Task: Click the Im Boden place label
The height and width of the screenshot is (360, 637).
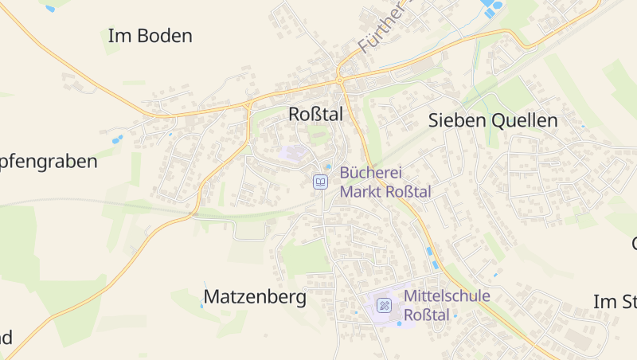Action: [150, 36]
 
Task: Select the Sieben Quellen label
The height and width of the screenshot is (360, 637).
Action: [493, 121]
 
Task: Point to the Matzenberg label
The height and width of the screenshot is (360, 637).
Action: [255, 298]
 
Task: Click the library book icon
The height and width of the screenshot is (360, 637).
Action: [320, 182]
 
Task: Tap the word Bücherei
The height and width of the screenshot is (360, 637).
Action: [371, 173]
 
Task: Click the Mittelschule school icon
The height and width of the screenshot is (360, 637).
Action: [385, 304]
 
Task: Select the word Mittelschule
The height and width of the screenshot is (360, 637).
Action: [447, 296]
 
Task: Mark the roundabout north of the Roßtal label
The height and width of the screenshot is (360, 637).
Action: [339, 80]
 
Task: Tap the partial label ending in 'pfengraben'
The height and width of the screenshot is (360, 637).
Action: [48, 162]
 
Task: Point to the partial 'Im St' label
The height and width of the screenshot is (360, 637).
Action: [616, 301]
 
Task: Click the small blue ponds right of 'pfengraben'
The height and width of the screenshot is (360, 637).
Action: [117, 139]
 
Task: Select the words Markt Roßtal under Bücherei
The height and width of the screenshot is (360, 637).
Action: [385, 192]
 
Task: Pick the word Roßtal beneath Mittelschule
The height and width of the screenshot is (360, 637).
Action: [428, 315]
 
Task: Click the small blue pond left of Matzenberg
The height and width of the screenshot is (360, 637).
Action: [204, 284]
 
